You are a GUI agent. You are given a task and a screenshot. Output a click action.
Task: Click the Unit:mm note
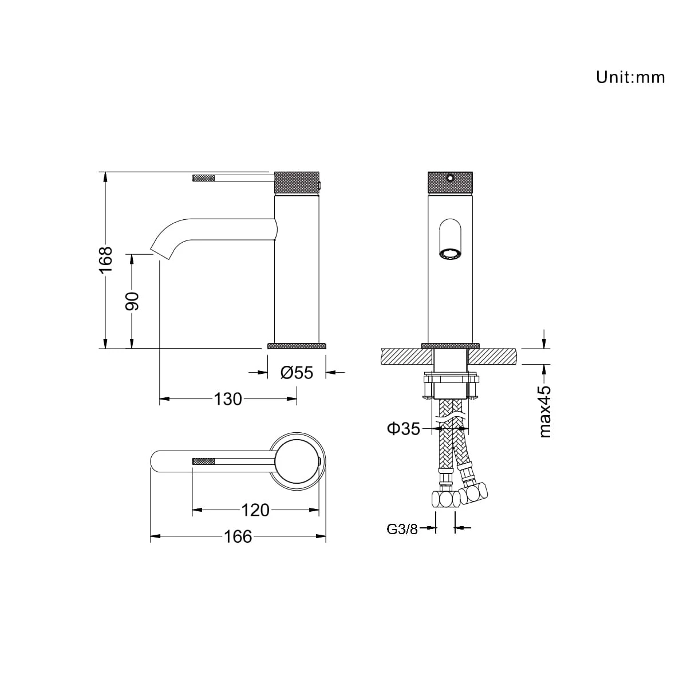click(x=630, y=77)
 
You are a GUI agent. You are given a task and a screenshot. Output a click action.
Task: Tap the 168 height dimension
click(x=105, y=259)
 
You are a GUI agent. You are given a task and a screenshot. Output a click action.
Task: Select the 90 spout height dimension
click(x=132, y=301)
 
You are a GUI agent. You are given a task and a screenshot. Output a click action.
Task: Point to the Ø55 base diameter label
click(x=297, y=373)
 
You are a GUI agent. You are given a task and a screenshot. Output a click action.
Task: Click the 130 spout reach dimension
click(x=228, y=399)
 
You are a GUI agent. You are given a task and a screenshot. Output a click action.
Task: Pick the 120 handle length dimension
click(x=255, y=510)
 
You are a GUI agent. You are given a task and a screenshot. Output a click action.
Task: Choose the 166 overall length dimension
click(x=238, y=536)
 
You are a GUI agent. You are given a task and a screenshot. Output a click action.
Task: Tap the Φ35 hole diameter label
click(x=404, y=429)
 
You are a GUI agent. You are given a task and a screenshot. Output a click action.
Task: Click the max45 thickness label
click(x=545, y=411)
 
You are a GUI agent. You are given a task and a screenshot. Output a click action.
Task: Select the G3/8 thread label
click(x=402, y=530)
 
